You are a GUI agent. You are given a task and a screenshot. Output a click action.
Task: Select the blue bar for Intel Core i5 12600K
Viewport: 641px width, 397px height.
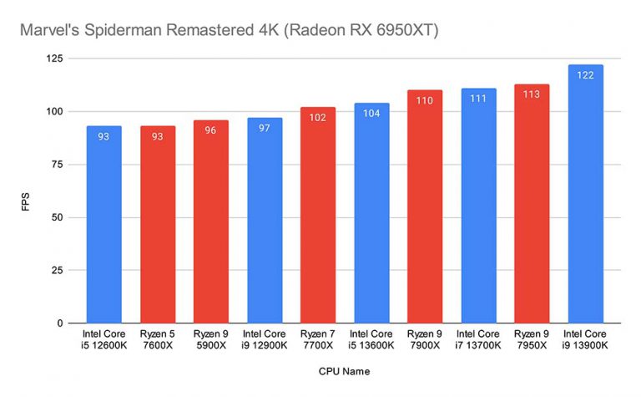103,226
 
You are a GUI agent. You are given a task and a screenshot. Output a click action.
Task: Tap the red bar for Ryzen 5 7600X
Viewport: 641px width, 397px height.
157,226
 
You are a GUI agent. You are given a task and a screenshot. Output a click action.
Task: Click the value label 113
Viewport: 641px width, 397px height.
531,94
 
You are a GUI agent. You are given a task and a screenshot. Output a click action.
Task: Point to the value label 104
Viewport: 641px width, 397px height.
371,114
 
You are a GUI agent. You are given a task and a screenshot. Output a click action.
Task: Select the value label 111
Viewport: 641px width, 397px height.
477,99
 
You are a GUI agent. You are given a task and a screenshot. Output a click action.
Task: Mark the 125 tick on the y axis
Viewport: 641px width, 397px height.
58,59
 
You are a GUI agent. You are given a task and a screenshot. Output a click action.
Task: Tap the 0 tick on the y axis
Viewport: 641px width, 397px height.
65,323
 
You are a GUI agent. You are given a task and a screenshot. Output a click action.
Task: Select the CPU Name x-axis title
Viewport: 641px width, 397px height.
344,370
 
